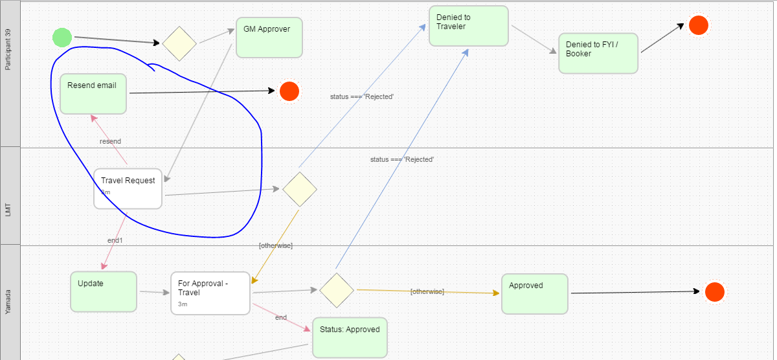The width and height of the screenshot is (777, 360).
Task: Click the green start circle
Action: click(x=62, y=38)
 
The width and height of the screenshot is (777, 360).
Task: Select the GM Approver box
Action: click(x=269, y=38)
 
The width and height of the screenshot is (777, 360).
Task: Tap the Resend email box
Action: click(x=93, y=93)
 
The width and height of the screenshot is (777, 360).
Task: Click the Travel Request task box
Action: click(x=128, y=189)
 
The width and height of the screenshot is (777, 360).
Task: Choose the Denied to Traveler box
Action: click(x=468, y=26)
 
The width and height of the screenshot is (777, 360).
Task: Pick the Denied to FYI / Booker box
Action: click(x=598, y=53)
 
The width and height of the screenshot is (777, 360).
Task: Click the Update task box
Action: click(x=104, y=291)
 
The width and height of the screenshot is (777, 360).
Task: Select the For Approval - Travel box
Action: click(x=210, y=293)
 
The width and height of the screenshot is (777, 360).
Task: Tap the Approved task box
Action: click(x=534, y=293)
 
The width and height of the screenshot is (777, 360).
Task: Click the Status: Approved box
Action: click(x=350, y=337)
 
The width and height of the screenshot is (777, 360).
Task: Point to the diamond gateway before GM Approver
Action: click(x=179, y=43)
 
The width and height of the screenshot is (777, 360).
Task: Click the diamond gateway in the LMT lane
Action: click(x=299, y=189)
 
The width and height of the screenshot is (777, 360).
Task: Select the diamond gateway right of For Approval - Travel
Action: click(x=336, y=290)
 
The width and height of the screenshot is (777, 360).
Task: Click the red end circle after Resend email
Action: click(x=289, y=91)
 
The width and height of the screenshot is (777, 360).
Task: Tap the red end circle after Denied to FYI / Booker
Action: click(x=698, y=25)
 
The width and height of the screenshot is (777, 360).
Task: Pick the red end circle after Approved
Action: click(x=714, y=292)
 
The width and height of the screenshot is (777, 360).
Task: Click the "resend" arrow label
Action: click(x=110, y=141)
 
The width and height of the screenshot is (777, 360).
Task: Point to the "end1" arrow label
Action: click(x=115, y=240)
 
